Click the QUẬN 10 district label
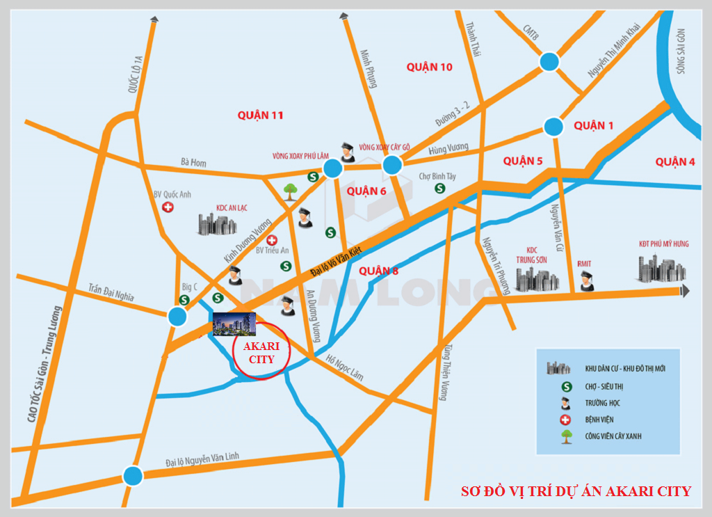pyautogui.click(x=430, y=67)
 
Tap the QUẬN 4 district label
pyautogui.click(x=674, y=162)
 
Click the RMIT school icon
pyautogui.click(x=587, y=280)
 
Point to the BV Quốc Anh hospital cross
pyautogui.click(x=168, y=207)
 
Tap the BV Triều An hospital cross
pyautogui.click(x=273, y=239)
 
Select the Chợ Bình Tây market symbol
pyautogui.click(x=439, y=188)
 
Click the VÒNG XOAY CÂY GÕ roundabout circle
pyautogui.click(x=392, y=165)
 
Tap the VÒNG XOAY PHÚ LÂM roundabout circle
pyautogui.click(x=332, y=168)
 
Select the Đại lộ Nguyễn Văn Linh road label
pyautogui.click(x=202, y=459)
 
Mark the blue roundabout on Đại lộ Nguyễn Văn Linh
pyautogui.click(x=133, y=476)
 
